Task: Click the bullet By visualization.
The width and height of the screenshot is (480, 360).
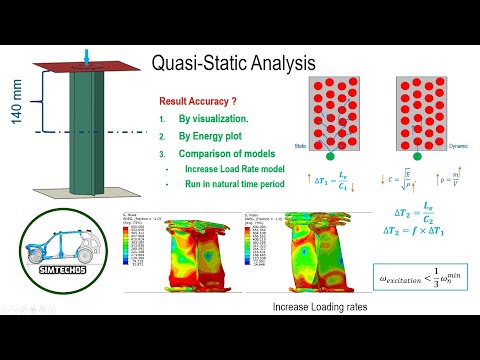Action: [x=212, y=120]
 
